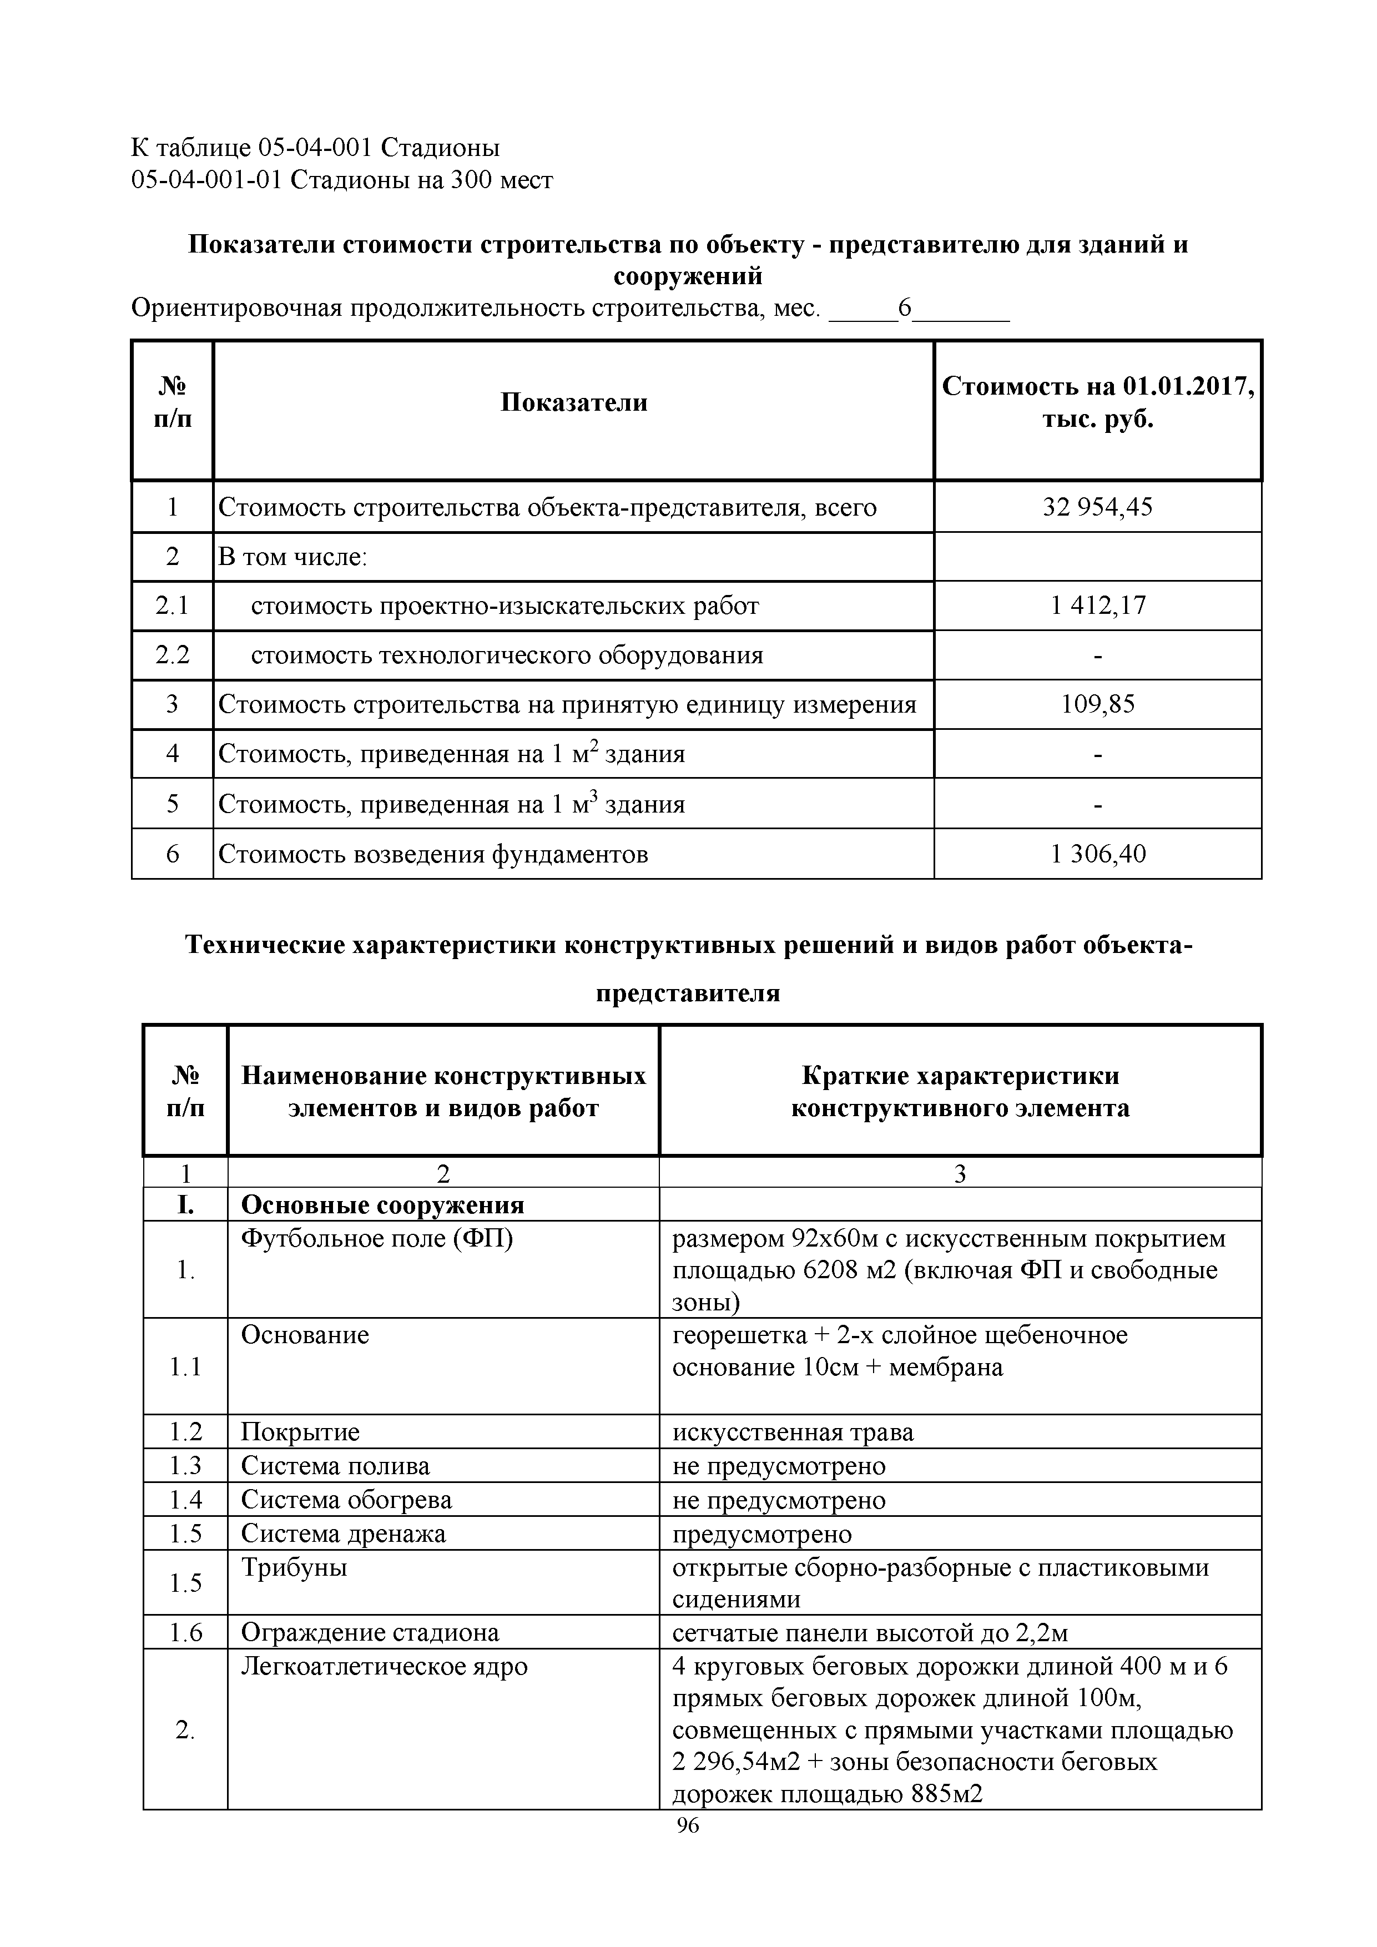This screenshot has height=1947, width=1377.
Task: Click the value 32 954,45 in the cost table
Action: coord(1097,507)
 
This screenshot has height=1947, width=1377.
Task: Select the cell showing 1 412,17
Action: coord(1097,606)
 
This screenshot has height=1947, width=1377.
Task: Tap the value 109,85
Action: coord(1097,704)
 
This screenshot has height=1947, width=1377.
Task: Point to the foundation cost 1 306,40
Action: coord(1097,853)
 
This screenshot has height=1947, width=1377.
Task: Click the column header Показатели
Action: coord(573,402)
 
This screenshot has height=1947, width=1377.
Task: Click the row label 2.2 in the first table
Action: coord(172,655)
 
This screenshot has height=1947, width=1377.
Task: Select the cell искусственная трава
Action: coord(793,1432)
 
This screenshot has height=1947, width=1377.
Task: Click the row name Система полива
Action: coord(335,1466)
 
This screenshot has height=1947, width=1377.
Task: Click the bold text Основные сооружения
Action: coord(382,1205)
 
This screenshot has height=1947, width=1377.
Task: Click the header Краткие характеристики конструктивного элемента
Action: coord(960,1091)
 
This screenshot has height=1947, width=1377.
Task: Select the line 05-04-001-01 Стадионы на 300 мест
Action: coord(342,180)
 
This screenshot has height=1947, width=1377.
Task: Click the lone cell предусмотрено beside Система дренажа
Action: coord(761,1534)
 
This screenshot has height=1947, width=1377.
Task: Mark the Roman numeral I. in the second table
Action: coord(185,1205)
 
